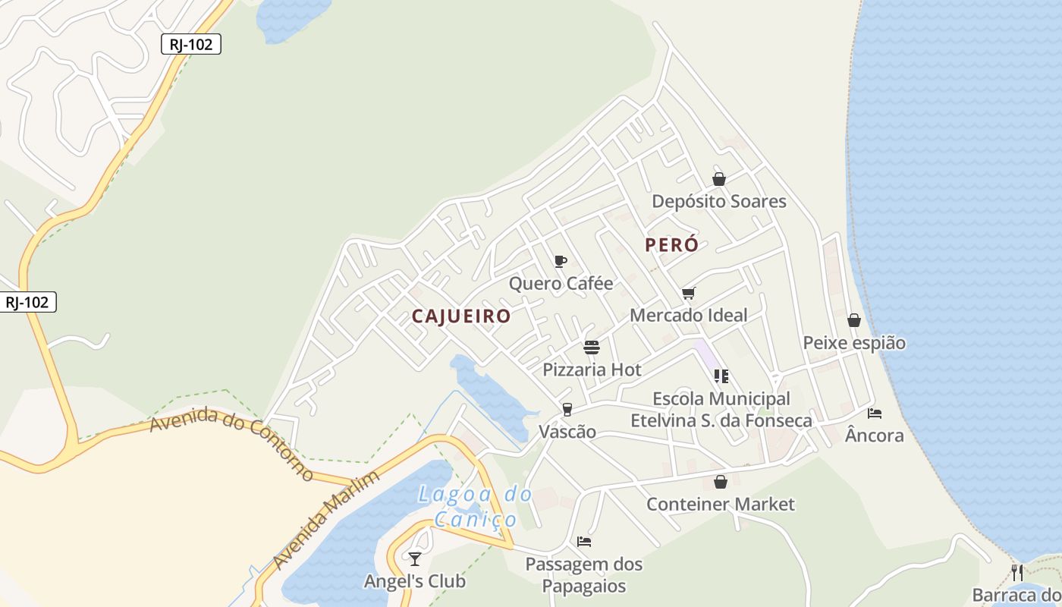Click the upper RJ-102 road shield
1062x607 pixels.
[x=191, y=45]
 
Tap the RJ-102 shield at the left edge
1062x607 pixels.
[x=27, y=302]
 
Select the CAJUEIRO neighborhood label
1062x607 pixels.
[x=461, y=316]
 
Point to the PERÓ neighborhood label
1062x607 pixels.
[x=671, y=245]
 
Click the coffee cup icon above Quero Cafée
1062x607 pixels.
[x=561, y=262]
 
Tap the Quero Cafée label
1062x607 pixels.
[x=561, y=284]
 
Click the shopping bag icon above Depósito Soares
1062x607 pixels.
[x=719, y=179]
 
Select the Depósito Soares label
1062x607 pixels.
[x=719, y=202]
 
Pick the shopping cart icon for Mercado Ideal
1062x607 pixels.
[x=689, y=293]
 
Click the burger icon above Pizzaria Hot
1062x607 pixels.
[x=592, y=348]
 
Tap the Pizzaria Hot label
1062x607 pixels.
[x=592, y=370]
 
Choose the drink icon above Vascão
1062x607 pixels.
[x=567, y=410]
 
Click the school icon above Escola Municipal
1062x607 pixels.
[x=721, y=376]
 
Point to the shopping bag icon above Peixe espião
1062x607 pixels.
[x=854, y=320]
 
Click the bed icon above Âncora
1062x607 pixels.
[x=875, y=414]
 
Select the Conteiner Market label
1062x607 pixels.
[x=721, y=505]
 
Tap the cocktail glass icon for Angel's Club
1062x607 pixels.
[x=414, y=559]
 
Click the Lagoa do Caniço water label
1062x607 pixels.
[x=476, y=507]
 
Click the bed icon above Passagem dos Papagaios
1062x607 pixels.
[x=584, y=542]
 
